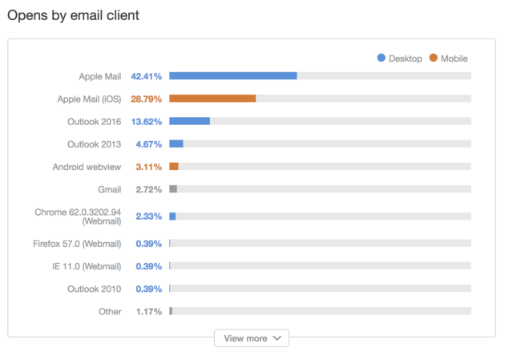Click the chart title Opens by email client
tap(73, 16)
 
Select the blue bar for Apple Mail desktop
tap(232, 76)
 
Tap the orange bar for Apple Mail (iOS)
tap(212, 99)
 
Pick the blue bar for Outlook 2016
tap(189, 121)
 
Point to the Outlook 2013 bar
tap(176, 144)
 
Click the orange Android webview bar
tap(174, 167)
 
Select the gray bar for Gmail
tap(173, 189)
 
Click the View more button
tap(251, 338)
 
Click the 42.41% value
tap(147, 76)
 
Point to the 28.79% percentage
tap(147, 99)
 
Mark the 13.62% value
tap(147, 122)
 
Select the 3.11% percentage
tap(149, 167)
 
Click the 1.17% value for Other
tap(149, 311)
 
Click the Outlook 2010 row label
tap(95, 289)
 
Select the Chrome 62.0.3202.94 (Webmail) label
tap(78, 216)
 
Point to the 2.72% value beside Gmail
tap(149, 189)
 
